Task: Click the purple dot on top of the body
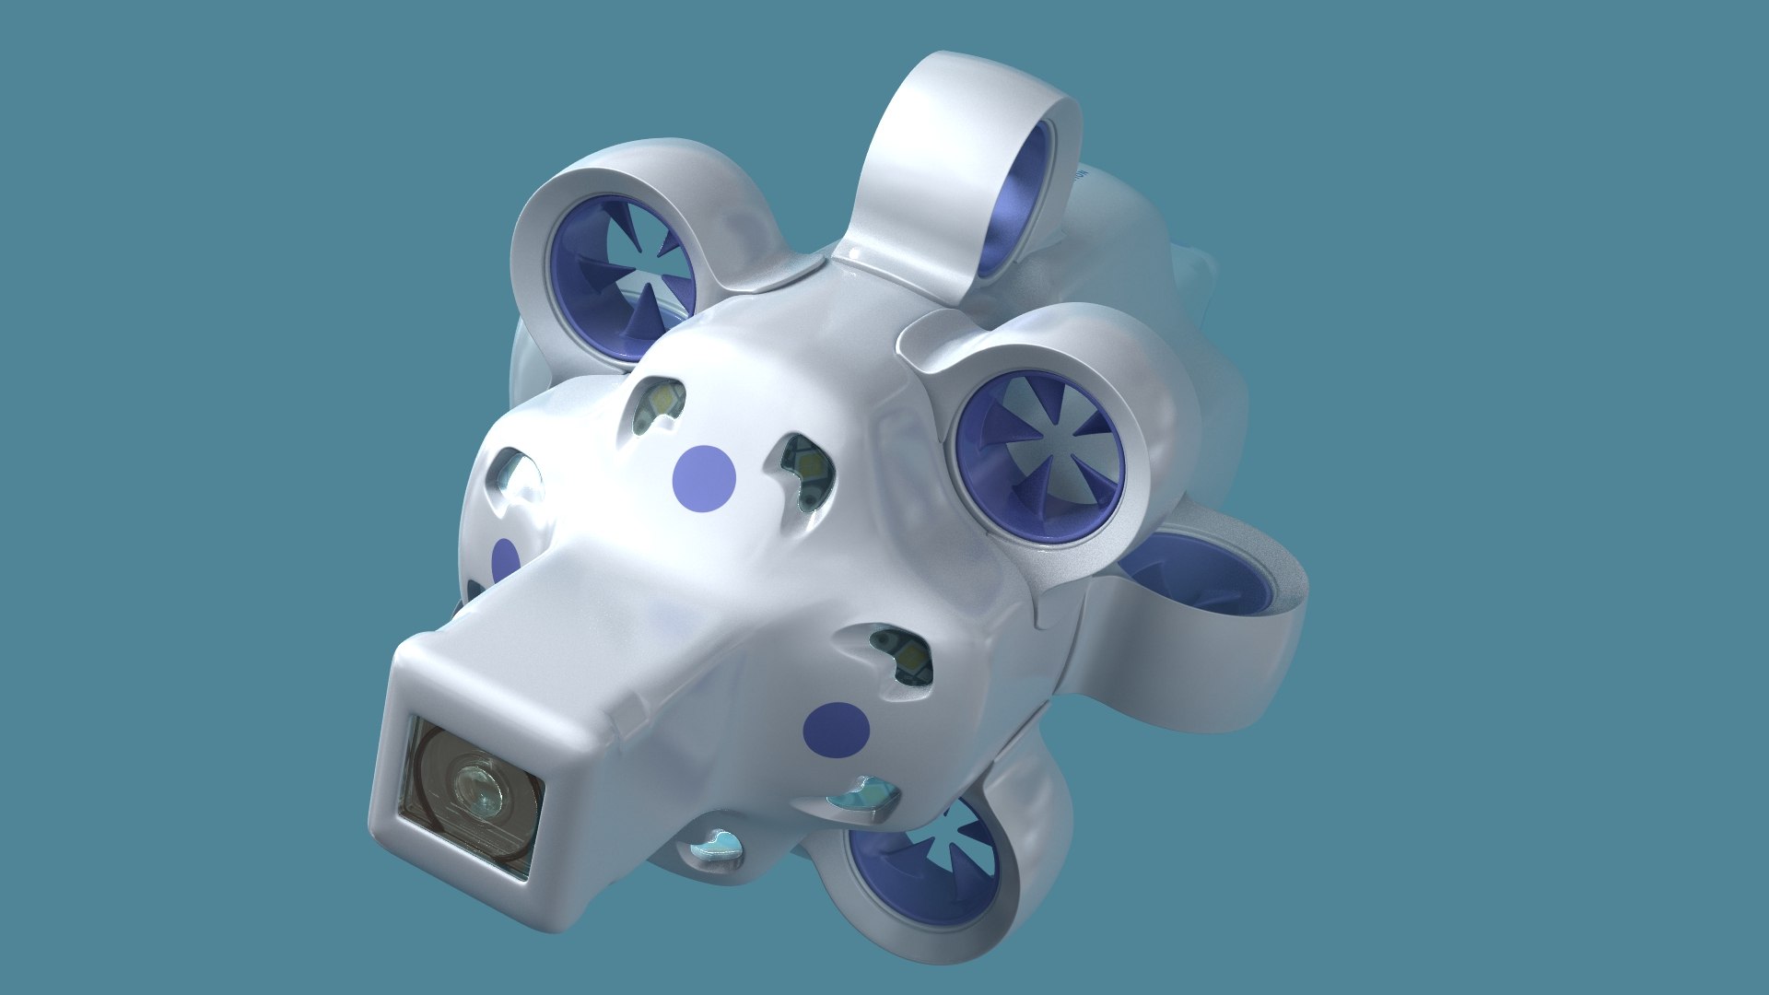click(704, 477)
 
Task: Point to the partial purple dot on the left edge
click(505, 560)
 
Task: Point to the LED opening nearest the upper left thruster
click(656, 404)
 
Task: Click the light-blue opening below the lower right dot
click(861, 794)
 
